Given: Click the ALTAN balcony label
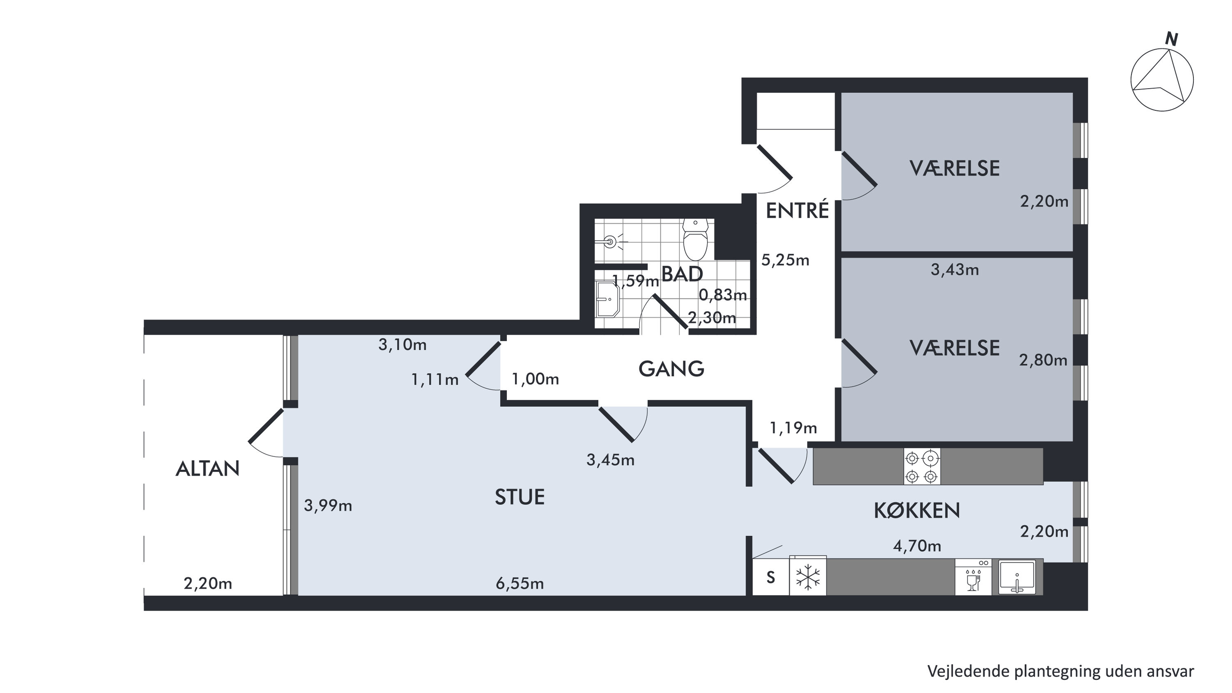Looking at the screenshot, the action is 207,469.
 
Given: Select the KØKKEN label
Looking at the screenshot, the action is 917,511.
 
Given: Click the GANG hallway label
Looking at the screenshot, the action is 671,369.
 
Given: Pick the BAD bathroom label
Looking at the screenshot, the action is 682,274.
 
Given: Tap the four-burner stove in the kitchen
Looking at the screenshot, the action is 922,466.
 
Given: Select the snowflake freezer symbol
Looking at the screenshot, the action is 808,577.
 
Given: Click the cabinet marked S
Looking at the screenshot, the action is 770,577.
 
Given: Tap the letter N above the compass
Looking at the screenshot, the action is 1171,39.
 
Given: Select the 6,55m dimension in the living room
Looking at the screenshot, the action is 520,583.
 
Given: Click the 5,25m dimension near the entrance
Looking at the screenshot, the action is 785,260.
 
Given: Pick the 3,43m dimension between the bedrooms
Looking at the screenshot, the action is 955,270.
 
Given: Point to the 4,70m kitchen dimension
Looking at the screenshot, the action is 917,546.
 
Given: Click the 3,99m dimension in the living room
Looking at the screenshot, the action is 328,505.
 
